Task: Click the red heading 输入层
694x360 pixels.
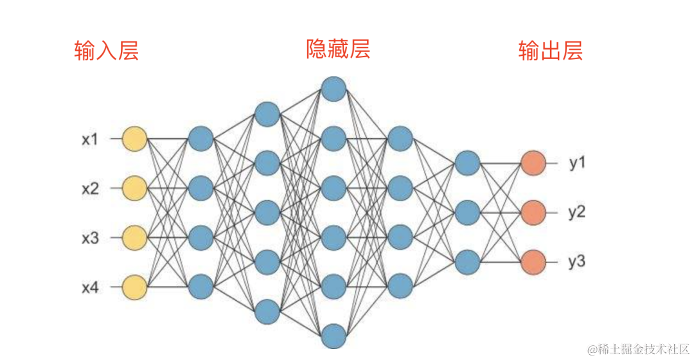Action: click(106, 51)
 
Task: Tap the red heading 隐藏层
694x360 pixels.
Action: click(338, 49)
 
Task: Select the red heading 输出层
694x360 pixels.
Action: click(551, 51)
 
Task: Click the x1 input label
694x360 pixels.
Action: click(90, 139)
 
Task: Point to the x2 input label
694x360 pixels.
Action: click(90, 188)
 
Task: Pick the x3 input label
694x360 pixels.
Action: click(90, 238)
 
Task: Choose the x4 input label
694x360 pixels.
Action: click(90, 287)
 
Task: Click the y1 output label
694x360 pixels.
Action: click(577, 163)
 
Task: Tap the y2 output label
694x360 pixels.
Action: click(577, 212)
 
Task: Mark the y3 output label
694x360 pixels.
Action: click(577, 262)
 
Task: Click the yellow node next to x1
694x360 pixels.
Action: click(134, 138)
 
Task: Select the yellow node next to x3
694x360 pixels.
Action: click(134, 237)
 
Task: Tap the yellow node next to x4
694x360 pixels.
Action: click(134, 287)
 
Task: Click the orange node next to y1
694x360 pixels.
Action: click(533, 163)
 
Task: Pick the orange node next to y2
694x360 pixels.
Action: click(533, 212)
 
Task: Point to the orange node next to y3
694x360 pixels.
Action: click(533, 262)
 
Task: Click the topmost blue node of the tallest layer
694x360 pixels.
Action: click(334, 89)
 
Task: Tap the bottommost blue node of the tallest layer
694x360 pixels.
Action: click(334, 336)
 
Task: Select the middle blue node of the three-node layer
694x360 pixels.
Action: click(467, 212)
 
